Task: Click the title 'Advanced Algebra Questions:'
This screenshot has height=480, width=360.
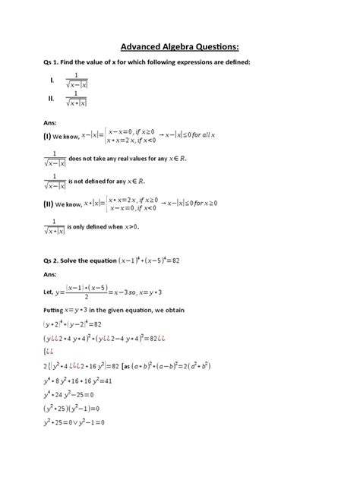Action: pos(179,43)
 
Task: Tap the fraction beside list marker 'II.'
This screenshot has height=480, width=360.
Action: pos(77,99)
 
